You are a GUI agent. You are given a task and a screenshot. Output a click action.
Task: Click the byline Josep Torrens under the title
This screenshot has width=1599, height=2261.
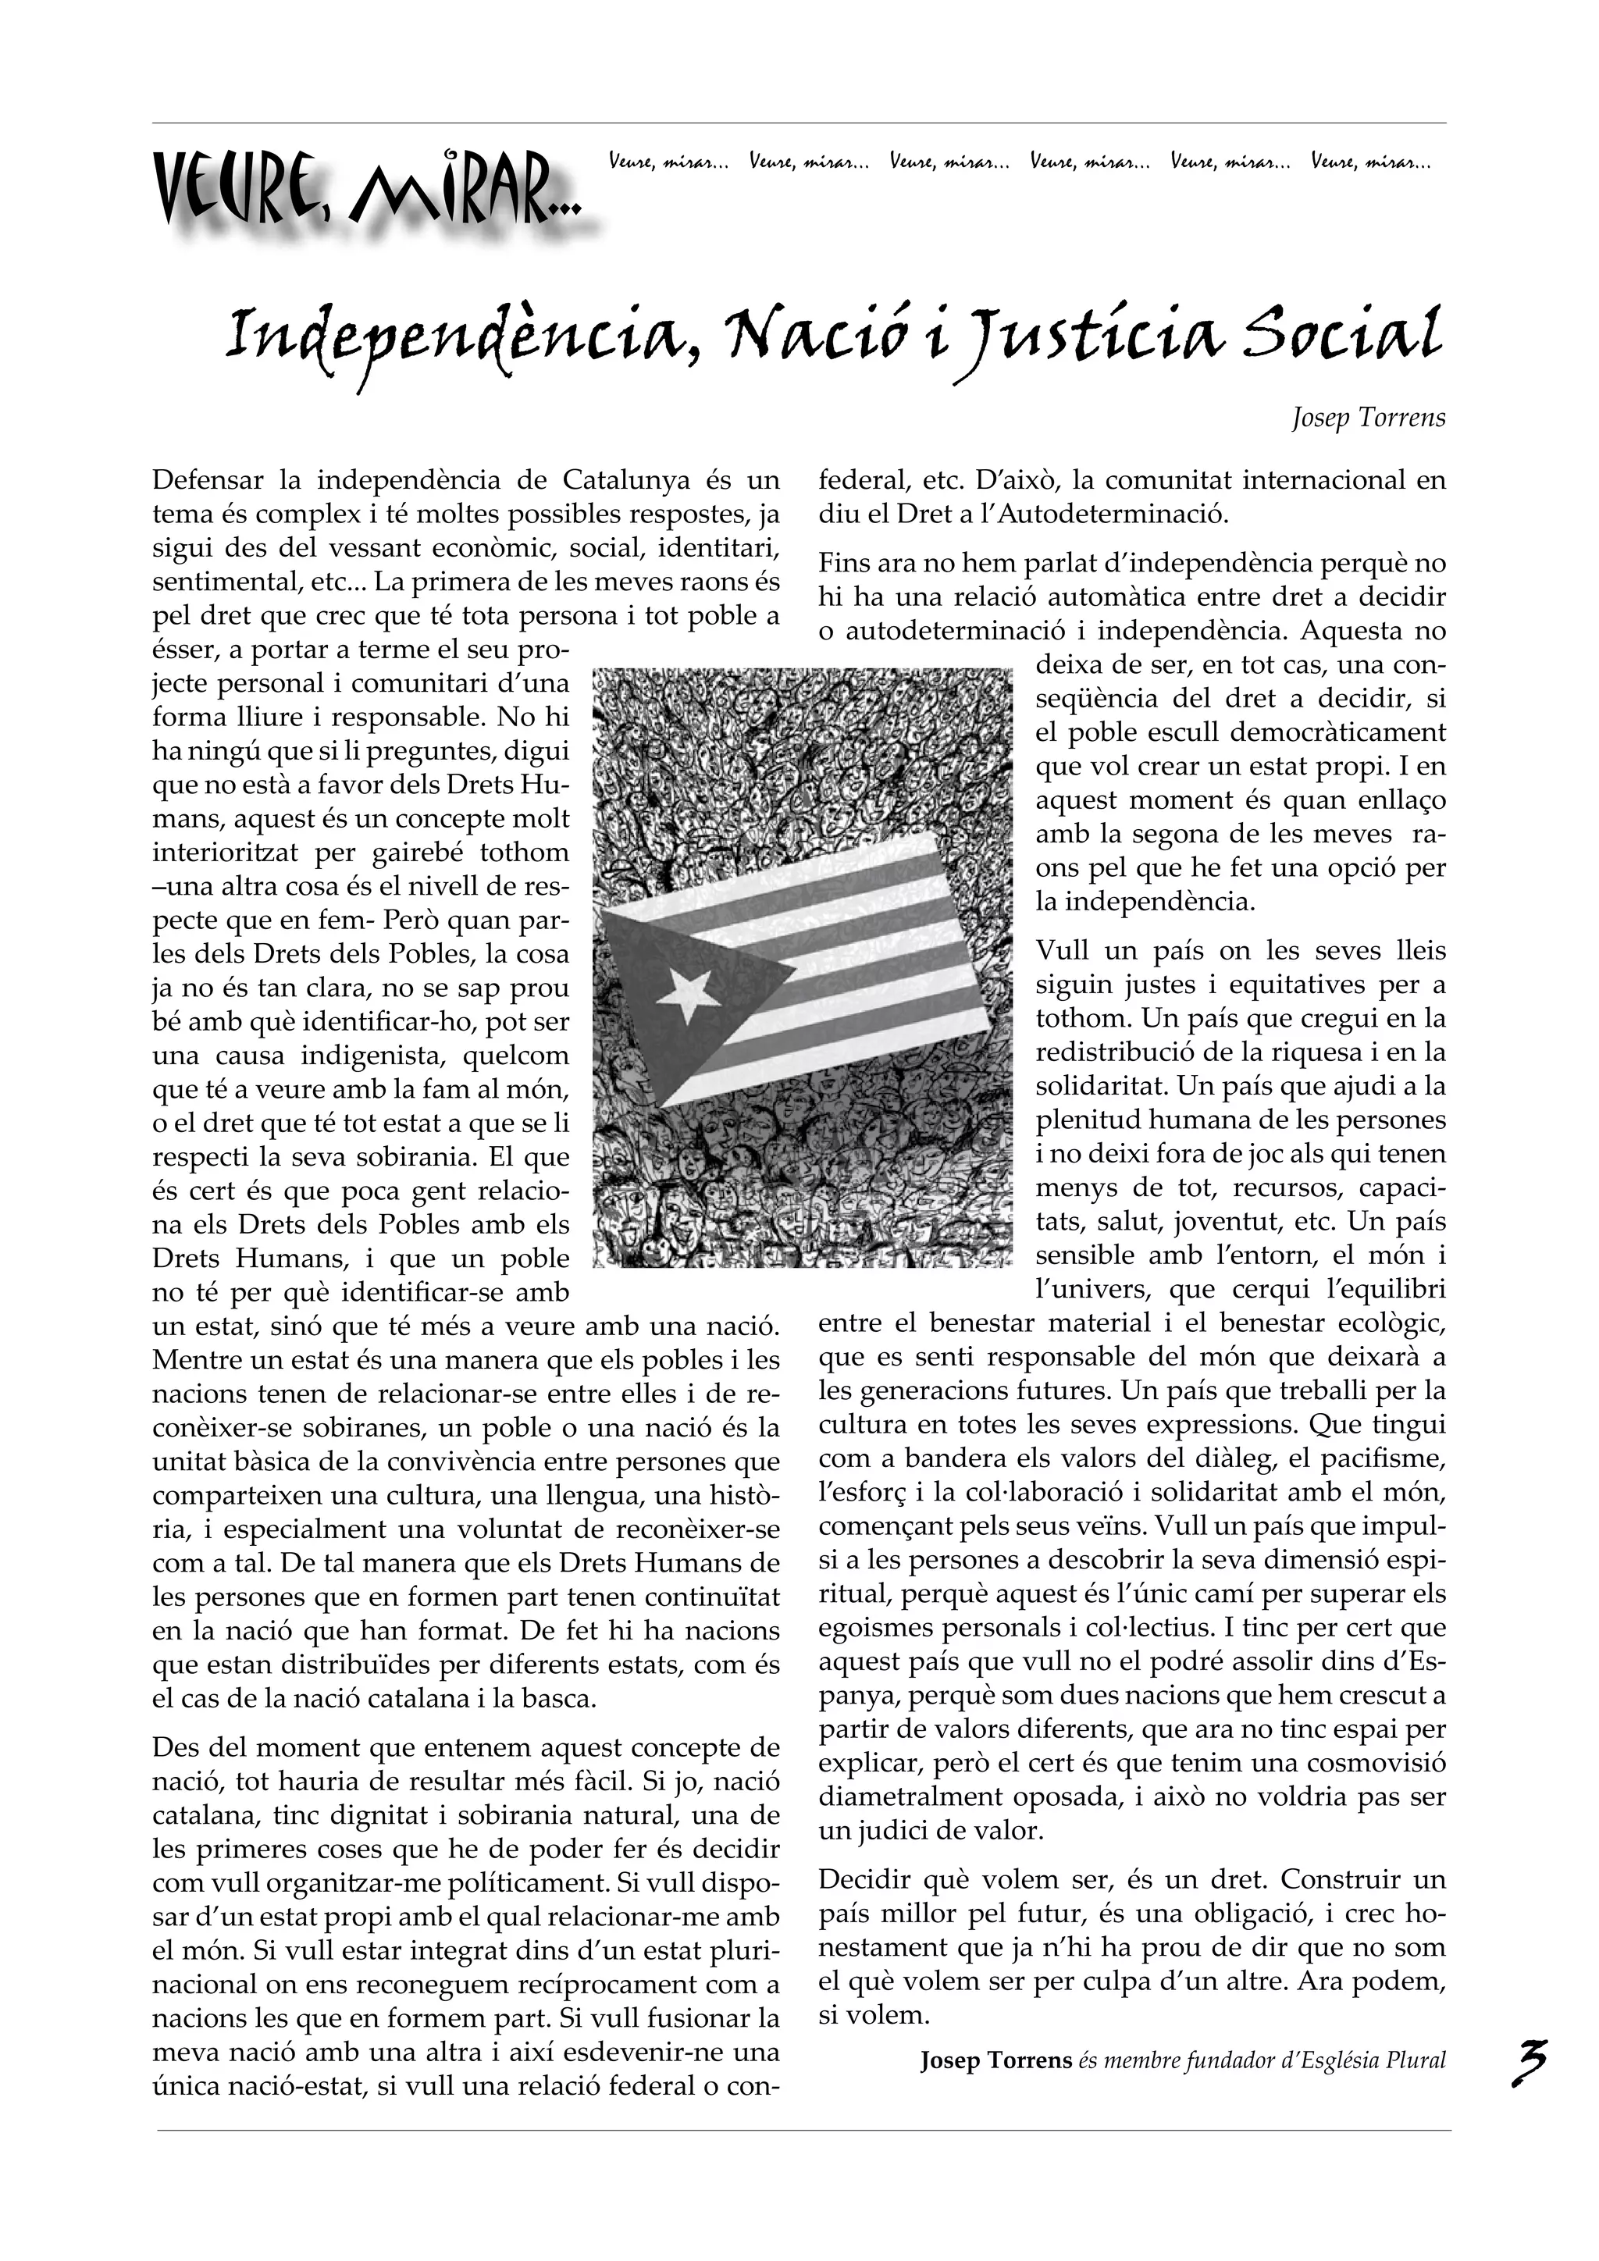1368,418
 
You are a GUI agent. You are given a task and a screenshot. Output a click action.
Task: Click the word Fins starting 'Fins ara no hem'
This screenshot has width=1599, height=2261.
842,565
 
